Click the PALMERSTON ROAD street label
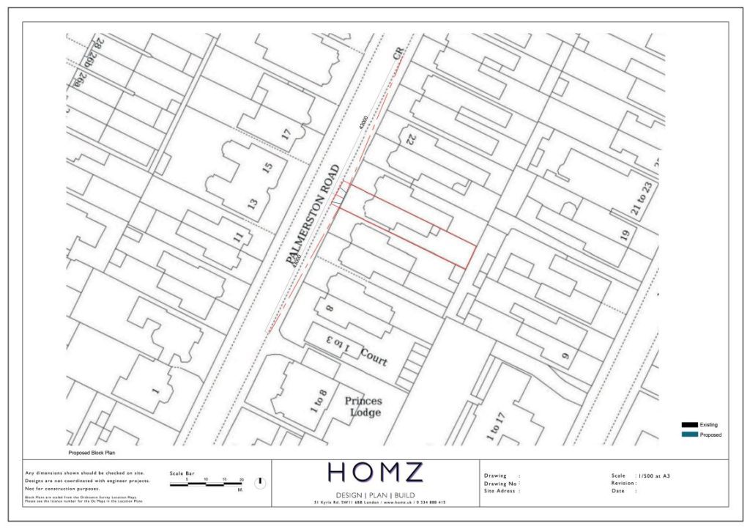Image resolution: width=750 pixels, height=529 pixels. pyautogui.click(x=314, y=214)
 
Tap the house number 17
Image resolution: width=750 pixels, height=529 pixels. pyautogui.click(x=286, y=134)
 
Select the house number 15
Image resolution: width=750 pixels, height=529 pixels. pyautogui.click(x=267, y=167)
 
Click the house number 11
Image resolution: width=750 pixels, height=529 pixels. pyautogui.click(x=237, y=237)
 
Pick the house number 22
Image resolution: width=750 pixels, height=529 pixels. pyautogui.click(x=411, y=138)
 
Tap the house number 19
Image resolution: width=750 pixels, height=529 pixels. pyautogui.click(x=625, y=235)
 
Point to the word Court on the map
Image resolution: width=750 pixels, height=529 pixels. pyautogui.click(x=374, y=357)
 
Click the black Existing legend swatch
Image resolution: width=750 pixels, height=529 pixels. pyautogui.click(x=688, y=425)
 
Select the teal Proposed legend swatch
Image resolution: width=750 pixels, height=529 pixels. pyautogui.click(x=688, y=434)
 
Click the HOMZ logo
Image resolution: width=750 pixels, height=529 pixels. pyautogui.click(x=375, y=473)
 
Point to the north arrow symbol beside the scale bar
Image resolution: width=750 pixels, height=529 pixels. pyautogui.click(x=259, y=483)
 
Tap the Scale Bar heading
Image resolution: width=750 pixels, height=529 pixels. pyautogui.click(x=182, y=473)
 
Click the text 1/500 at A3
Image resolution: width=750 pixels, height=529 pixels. pyautogui.click(x=653, y=476)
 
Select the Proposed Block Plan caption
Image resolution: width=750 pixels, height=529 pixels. pyautogui.click(x=92, y=454)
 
